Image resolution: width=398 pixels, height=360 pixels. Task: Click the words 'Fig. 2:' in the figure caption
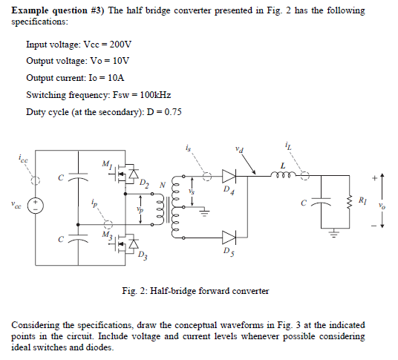[x=136, y=290]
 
